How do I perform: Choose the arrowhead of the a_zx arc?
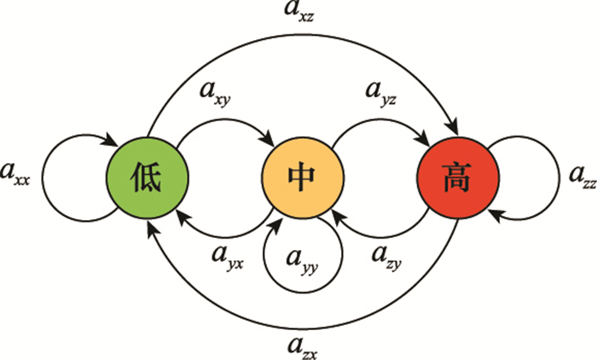click(151, 224)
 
